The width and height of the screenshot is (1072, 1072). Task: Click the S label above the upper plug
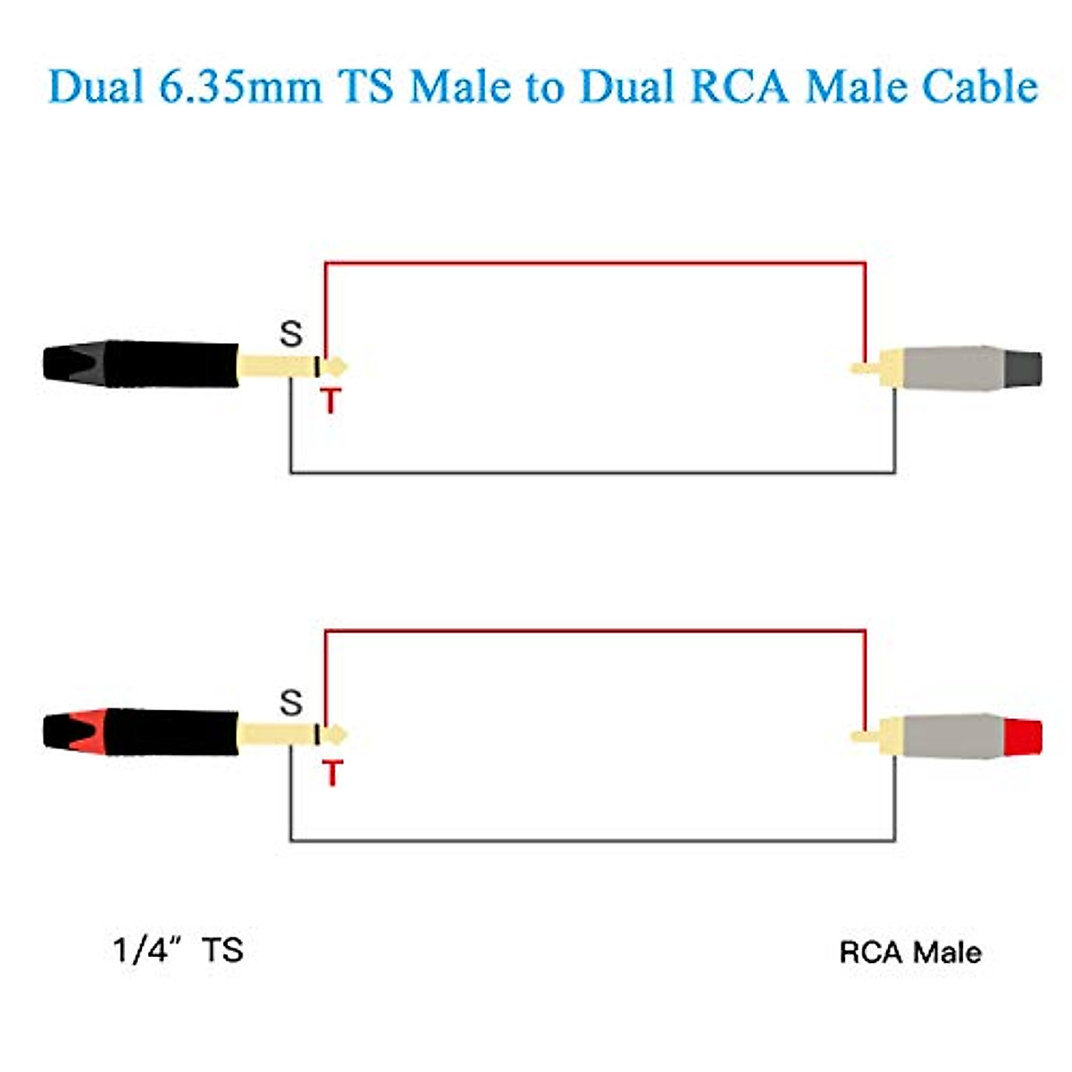(291, 334)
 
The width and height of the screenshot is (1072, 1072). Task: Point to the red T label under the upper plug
(331, 401)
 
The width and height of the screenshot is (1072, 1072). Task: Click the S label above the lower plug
(291, 703)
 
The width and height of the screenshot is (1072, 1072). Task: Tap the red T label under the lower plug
(332, 773)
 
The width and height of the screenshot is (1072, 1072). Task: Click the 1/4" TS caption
(179, 950)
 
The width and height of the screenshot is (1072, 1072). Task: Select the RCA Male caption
(909, 952)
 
